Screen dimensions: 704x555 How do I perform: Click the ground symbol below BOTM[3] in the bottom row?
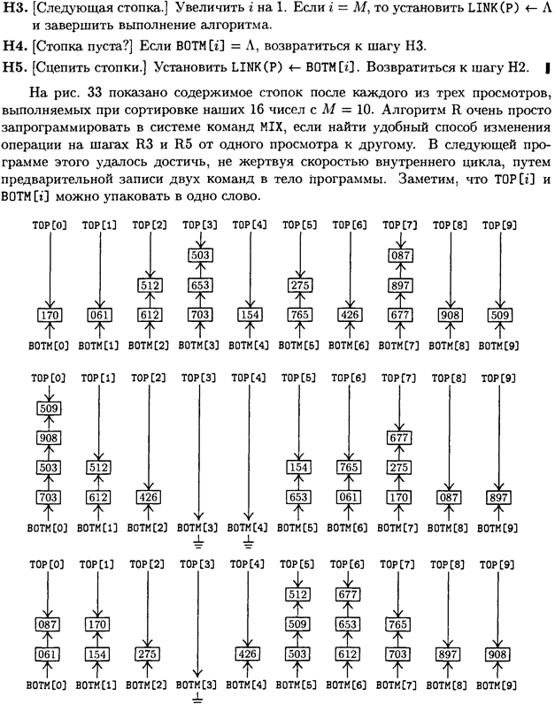[197, 698]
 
